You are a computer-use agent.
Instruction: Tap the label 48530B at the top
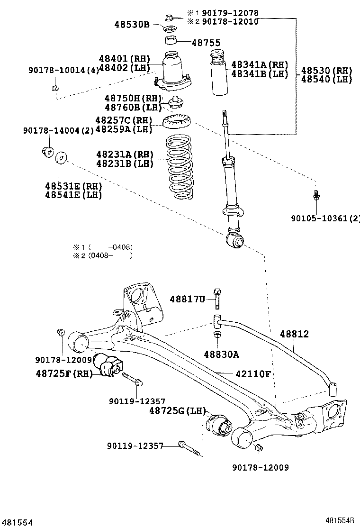tap(131, 24)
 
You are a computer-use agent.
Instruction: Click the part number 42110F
tap(253, 374)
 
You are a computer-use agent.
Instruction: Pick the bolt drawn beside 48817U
tap(217, 299)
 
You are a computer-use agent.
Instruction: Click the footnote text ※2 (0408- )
tap(102, 256)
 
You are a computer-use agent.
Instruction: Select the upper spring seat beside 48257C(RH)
tap(177, 123)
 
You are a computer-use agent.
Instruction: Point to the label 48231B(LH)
tap(125, 164)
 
